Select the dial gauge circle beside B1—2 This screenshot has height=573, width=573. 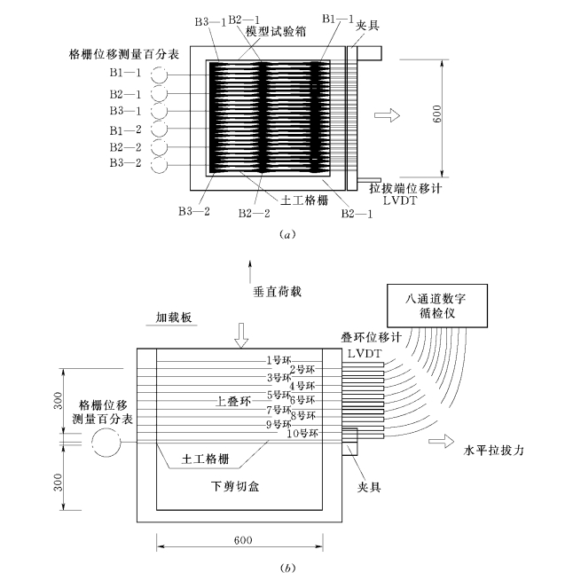(161, 130)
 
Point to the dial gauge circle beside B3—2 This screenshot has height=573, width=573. (161, 166)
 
